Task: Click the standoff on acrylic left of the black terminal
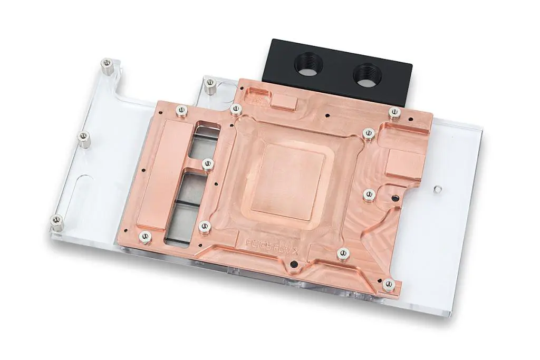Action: pos(210,83)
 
